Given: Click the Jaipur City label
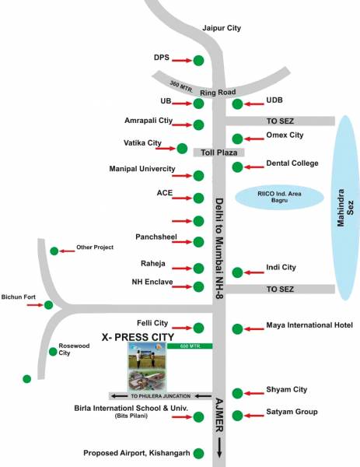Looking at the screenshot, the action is (222, 28).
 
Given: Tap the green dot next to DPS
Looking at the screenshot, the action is (199, 60).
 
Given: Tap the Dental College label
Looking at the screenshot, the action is (292, 163).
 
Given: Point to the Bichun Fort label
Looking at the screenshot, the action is (16, 297).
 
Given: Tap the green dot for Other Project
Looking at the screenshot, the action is (54, 251).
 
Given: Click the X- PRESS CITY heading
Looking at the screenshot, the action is (138, 336).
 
